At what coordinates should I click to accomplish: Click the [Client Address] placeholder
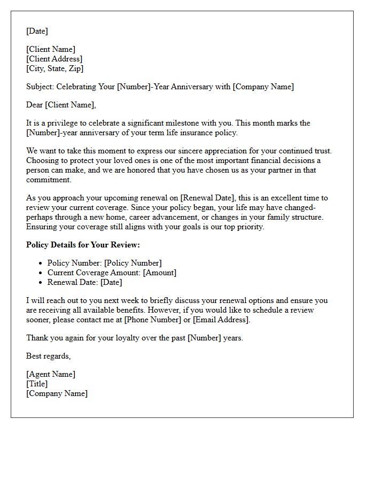tap(54, 59)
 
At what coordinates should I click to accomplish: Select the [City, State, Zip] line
tap(54, 68)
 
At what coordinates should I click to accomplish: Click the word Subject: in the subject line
tap(40, 87)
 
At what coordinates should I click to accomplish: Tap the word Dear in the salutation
tap(35, 105)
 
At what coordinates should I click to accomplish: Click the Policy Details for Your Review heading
tap(83, 245)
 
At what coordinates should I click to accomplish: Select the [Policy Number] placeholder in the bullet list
tap(133, 263)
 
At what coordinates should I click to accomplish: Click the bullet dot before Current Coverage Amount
tap(41, 273)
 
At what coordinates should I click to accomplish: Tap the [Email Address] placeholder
tap(221, 320)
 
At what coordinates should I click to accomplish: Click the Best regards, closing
tap(48, 356)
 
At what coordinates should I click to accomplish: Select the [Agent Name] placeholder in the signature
tap(51, 374)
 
